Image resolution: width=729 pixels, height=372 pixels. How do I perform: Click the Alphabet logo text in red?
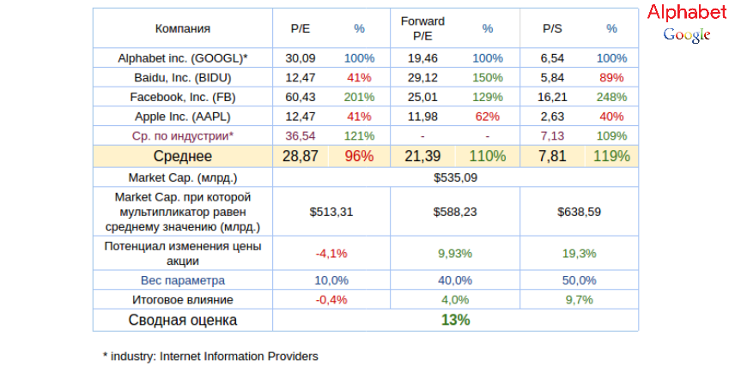[687, 13]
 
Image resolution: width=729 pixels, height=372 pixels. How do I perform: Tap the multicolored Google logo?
[687, 34]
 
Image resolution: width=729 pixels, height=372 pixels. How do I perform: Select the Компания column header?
[182, 28]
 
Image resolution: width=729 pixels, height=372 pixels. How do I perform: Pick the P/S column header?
[552, 28]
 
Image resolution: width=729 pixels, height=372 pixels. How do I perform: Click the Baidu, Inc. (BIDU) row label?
[182, 77]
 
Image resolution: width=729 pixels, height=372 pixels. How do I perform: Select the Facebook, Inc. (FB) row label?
[182, 97]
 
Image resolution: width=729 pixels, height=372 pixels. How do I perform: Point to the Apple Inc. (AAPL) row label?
[182, 117]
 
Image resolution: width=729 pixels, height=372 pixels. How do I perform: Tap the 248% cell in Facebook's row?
[611, 97]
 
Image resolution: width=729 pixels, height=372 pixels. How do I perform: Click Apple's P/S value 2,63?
[552, 117]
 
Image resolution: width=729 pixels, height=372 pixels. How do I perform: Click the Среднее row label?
[182, 156]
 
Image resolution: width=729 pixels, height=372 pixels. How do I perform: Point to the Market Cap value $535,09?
[455, 178]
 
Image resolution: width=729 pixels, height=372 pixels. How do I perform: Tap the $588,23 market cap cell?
[454, 212]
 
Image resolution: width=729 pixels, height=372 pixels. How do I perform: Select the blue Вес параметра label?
[182, 280]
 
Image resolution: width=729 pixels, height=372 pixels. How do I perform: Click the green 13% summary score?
[455, 320]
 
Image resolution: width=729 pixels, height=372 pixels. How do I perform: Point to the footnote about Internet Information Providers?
[210, 356]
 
